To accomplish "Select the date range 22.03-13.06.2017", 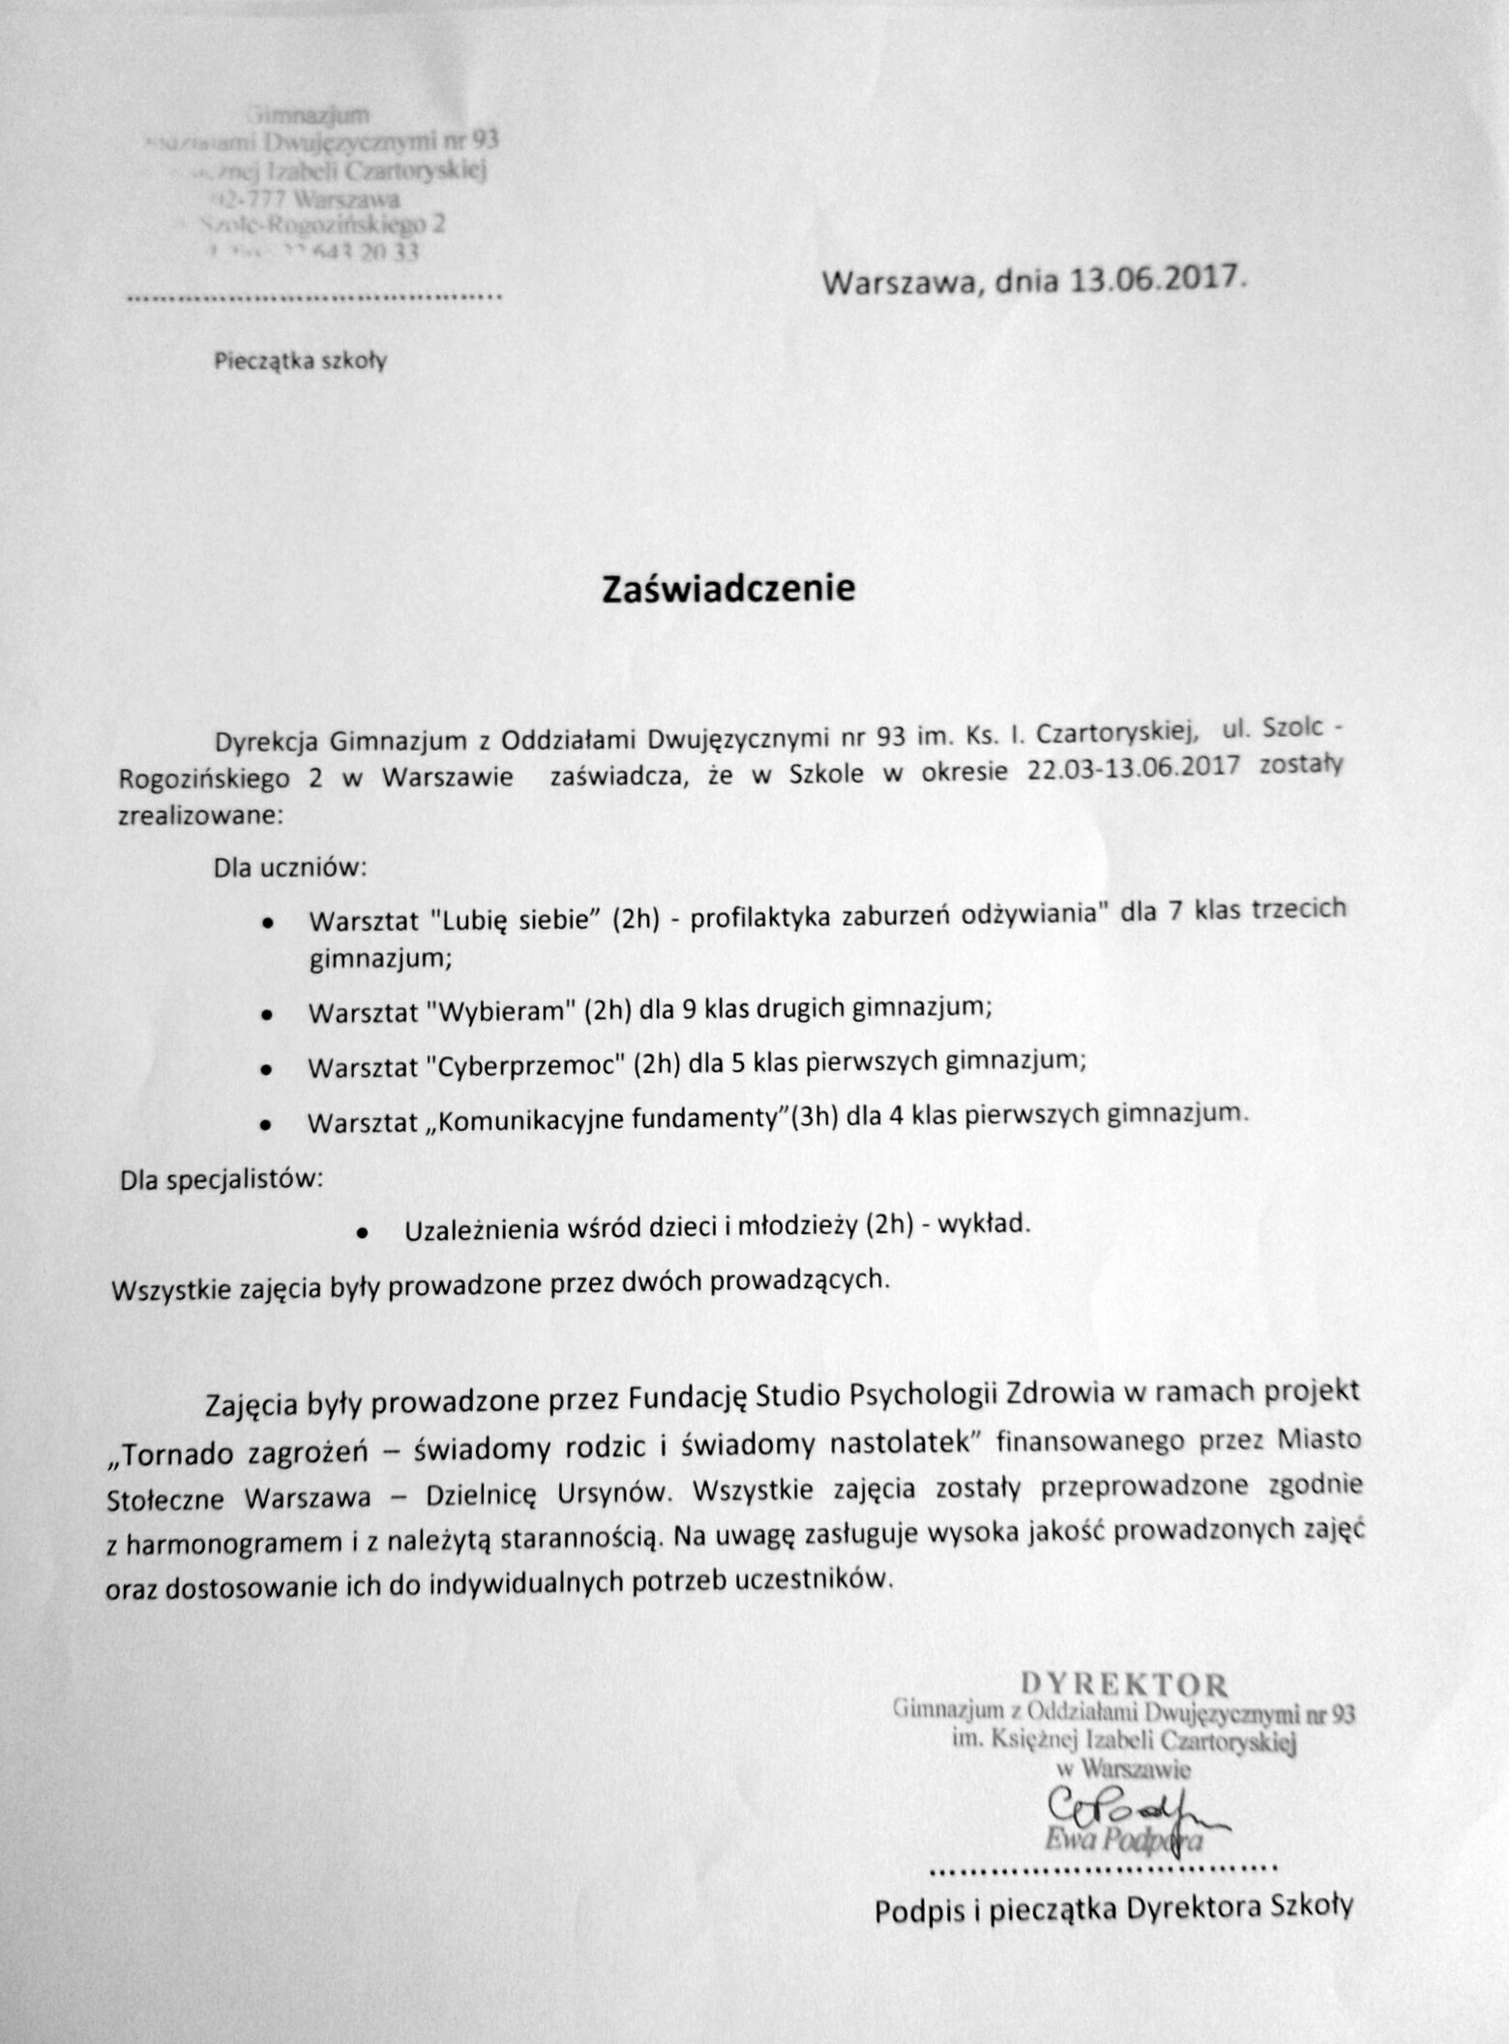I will [x=1133, y=768].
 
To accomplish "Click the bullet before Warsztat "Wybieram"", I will [x=267, y=1014].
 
